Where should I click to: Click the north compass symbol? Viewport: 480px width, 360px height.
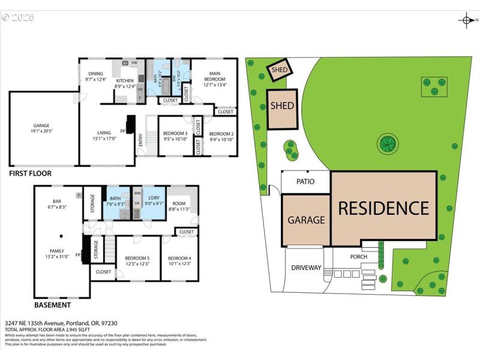click(466, 20)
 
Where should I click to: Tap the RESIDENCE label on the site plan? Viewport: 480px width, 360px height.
click(383, 208)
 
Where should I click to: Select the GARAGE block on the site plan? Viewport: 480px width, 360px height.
click(306, 220)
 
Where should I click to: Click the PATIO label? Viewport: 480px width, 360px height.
click(306, 181)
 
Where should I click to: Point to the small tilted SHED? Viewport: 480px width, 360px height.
click(279, 69)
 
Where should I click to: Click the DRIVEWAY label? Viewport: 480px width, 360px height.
click(307, 268)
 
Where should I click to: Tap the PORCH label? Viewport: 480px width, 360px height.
click(359, 257)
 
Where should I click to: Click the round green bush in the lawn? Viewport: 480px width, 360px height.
click(388, 143)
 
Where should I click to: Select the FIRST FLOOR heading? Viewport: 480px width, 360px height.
click(30, 173)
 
